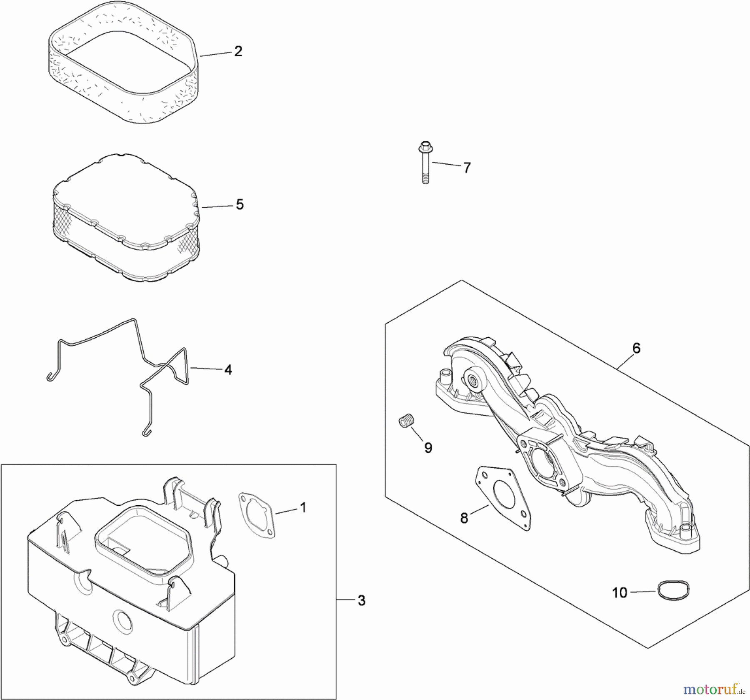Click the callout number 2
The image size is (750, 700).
[238, 52]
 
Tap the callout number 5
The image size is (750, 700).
[240, 205]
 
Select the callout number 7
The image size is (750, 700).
[467, 168]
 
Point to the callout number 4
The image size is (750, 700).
[228, 370]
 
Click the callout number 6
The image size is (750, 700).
[636, 348]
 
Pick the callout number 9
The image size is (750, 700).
[428, 448]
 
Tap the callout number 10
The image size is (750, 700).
[620, 592]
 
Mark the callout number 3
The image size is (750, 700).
[361, 601]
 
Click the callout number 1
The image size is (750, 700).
[303, 508]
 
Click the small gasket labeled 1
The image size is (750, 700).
[257, 515]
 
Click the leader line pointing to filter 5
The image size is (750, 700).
[217, 206]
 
